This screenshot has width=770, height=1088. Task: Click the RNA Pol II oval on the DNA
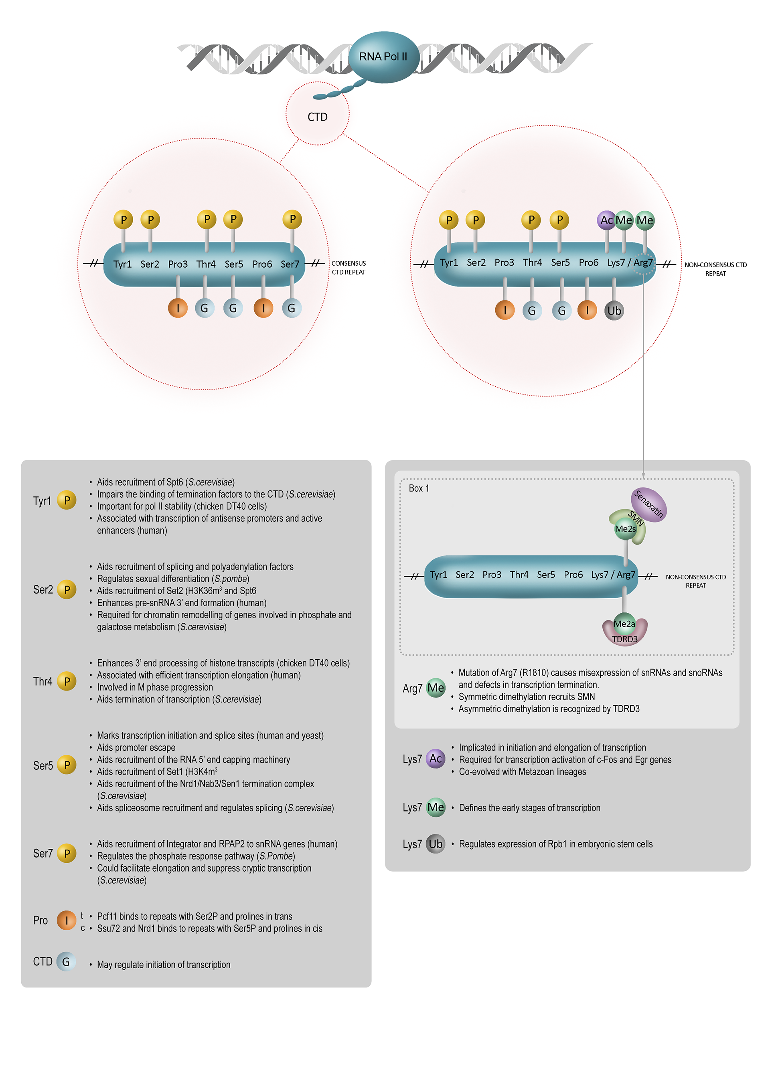[383, 57]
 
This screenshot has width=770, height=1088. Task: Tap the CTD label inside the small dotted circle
[317, 117]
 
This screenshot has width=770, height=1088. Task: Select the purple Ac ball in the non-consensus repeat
[606, 220]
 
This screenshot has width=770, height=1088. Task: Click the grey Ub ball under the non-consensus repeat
[614, 311]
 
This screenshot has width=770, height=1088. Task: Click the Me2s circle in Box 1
[625, 529]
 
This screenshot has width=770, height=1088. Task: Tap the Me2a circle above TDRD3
[624, 624]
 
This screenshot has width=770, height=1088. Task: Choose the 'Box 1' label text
[419, 488]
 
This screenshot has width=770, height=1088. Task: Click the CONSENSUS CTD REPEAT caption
[349, 268]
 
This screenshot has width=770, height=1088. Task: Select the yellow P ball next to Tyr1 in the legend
[67, 501]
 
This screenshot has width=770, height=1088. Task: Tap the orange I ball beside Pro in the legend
[67, 920]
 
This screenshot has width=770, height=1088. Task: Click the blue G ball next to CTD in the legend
[66, 961]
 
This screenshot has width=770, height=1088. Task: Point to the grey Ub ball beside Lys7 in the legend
[435, 844]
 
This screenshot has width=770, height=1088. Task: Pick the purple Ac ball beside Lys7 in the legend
[435, 759]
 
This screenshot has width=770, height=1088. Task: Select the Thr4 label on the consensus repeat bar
[206, 264]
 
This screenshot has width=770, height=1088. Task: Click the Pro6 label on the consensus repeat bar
[262, 264]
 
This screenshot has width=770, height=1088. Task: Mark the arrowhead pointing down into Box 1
[643, 475]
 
